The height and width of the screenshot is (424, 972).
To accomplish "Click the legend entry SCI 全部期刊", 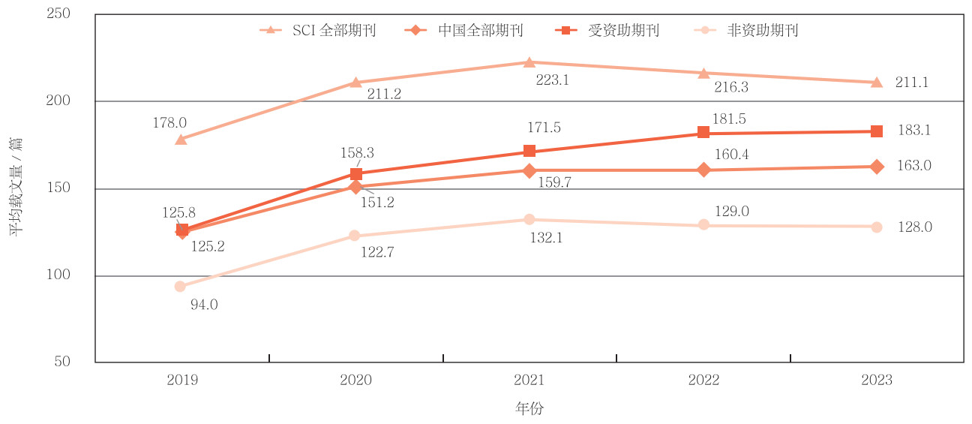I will tap(317, 31).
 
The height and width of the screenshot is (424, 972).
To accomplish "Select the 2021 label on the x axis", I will tap(529, 380).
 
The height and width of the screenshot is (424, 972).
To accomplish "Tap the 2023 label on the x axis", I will tap(877, 380).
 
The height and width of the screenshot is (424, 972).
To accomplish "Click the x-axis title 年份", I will tap(529, 409).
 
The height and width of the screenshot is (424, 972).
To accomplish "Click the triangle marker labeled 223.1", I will tap(529, 62).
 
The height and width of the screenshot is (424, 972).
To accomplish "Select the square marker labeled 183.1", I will tap(877, 131).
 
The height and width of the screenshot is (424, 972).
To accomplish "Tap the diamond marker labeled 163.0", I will tap(877, 167).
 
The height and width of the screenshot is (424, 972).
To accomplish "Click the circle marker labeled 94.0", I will tap(180, 286).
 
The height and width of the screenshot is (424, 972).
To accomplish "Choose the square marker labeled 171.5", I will tap(529, 151).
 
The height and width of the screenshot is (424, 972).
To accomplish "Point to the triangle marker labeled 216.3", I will tap(703, 73).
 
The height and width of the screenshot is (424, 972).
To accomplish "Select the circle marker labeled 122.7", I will tap(355, 236).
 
